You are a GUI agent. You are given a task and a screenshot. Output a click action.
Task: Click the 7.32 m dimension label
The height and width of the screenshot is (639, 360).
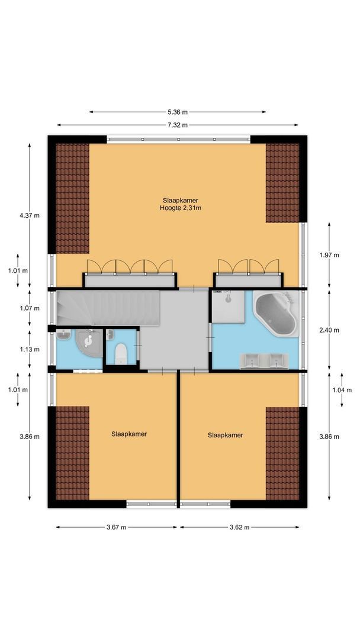[x=177, y=125]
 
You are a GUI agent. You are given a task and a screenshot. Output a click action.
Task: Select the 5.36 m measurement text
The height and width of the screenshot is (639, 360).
[x=177, y=112]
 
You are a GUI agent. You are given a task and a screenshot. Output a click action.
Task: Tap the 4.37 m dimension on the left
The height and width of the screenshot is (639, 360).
[x=30, y=215]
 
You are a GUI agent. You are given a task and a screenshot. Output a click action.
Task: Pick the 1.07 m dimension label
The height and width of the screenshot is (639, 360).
[x=30, y=308]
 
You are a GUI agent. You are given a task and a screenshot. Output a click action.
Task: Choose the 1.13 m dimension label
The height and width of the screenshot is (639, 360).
[x=30, y=348]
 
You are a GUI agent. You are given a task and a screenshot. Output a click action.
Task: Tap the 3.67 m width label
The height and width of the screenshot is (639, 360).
[x=117, y=527]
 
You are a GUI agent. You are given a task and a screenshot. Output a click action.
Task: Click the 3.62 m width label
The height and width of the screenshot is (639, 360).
[x=239, y=527]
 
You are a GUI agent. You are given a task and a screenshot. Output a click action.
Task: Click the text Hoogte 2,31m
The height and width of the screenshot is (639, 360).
[x=177, y=208]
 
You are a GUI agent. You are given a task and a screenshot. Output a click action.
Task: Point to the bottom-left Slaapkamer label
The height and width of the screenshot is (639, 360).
[x=129, y=434]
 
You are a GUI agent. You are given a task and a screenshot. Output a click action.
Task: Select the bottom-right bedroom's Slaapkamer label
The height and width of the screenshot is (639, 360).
[x=225, y=435]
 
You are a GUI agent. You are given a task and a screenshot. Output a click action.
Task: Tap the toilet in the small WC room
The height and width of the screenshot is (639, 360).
[x=121, y=353]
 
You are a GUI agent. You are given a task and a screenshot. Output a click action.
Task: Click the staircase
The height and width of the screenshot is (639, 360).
[x=110, y=307]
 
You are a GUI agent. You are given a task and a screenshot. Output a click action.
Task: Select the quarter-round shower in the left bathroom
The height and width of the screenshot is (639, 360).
[x=88, y=343]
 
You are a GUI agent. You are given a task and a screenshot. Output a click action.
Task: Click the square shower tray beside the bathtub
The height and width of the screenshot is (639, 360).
[x=229, y=306]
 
